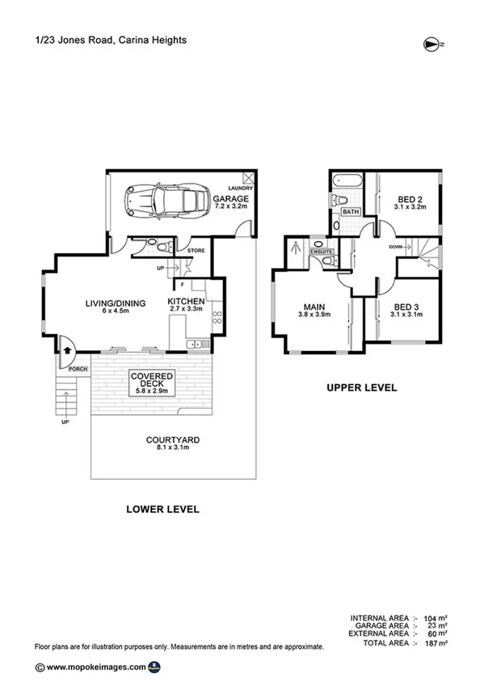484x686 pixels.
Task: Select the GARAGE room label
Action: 231,198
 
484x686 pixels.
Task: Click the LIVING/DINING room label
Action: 116,303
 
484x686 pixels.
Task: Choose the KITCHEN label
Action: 186,301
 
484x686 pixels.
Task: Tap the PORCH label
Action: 78,369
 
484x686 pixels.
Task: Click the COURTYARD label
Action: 173,440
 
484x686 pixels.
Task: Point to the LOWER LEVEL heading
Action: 162,510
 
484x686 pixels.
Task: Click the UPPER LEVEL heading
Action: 361,387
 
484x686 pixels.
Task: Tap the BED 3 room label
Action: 410,307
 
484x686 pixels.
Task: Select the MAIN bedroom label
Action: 314,307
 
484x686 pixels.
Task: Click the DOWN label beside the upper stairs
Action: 396,248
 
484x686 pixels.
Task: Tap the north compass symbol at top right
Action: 432,44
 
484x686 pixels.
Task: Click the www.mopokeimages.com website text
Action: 96,667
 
